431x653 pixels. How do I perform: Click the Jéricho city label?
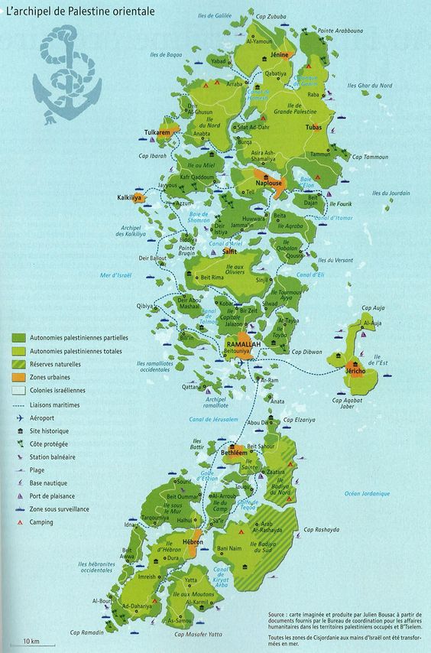pos(355,371)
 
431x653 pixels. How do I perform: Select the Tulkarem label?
pos(157,133)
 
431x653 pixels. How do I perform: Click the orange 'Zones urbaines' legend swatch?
pos(18,378)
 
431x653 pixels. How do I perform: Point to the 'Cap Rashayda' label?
pos(321,530)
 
